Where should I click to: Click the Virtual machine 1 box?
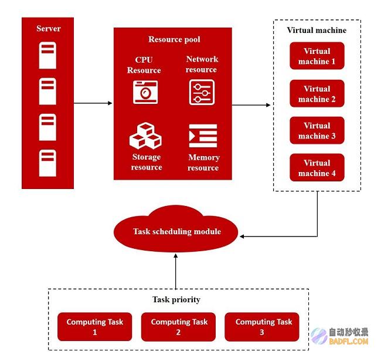coord(317,56)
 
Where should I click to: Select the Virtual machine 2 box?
coord(317,93)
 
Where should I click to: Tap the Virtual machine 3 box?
coord(317,130)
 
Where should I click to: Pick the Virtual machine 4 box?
coord(317,168)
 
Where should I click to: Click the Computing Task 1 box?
coord(95,327)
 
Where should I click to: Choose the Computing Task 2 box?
coord(178,327)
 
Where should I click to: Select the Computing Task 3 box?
coord(262,327)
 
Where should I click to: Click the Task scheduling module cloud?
coord(176,229)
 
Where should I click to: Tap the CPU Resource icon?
coord(145,92)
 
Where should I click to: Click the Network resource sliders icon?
coord(202,92)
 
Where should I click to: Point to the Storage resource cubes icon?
coord(145,136)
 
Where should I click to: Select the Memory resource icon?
coord(203,136)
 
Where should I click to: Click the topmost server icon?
coord(47,55)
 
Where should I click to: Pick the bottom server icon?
coord(47,163)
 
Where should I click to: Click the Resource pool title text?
coord(174,39)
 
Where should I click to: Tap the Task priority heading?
coord(176,299)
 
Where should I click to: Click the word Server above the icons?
coord(48,28)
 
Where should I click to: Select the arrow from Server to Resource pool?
coord(93,103)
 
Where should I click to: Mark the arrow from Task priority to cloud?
coord(176,271)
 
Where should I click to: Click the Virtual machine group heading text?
coord(317,30)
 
